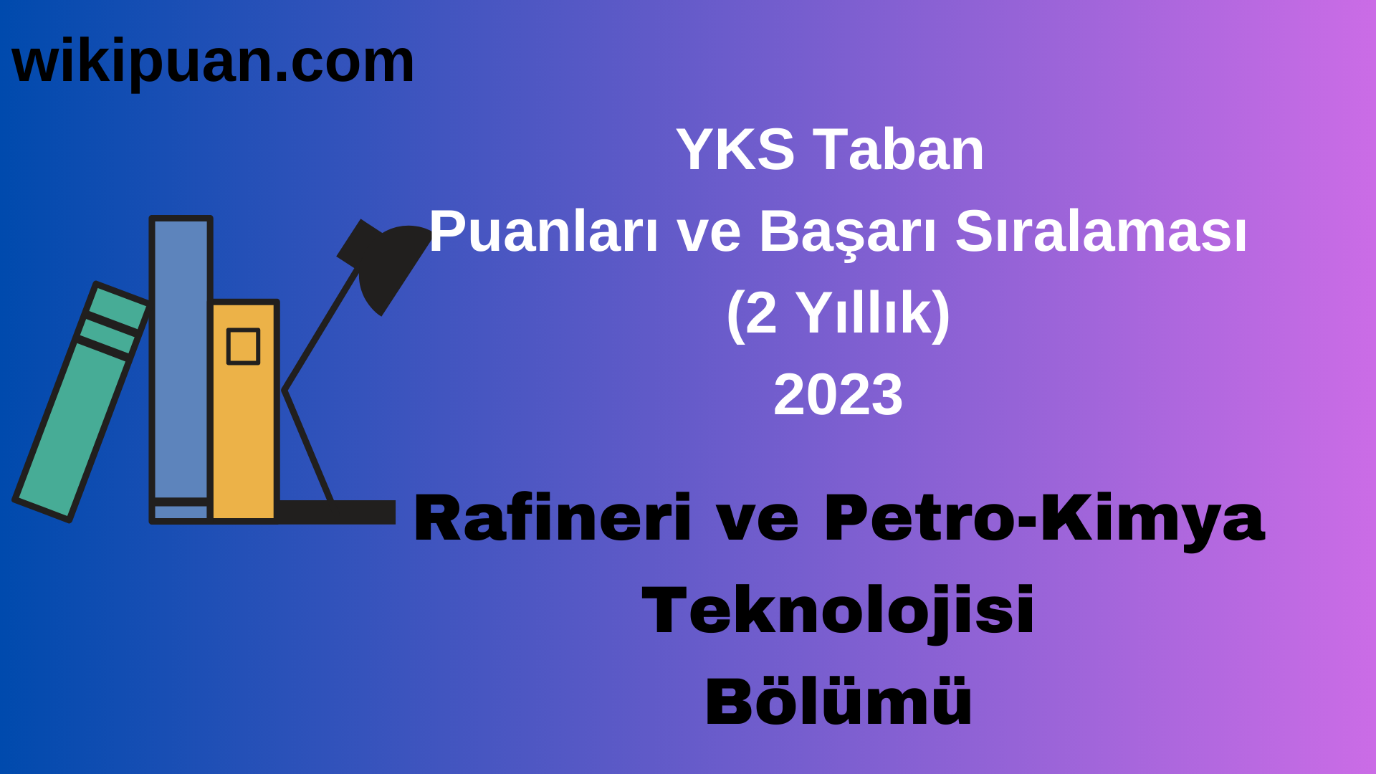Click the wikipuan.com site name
coord(213,62)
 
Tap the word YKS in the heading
coord(735,150)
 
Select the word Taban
coord(899,150)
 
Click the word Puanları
coord(543,232)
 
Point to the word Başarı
coord(848,232)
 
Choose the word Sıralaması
coord(1101,232)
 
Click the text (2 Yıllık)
coord(838,313)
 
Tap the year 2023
coord(838,395)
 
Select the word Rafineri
coord(552,518)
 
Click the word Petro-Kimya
coord(1044,518)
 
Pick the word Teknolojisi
coord(838,610)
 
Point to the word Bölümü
coord(838,702)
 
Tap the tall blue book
coord(181,358)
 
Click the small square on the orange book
coord(243,347)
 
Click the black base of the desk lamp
coord(337,512)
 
